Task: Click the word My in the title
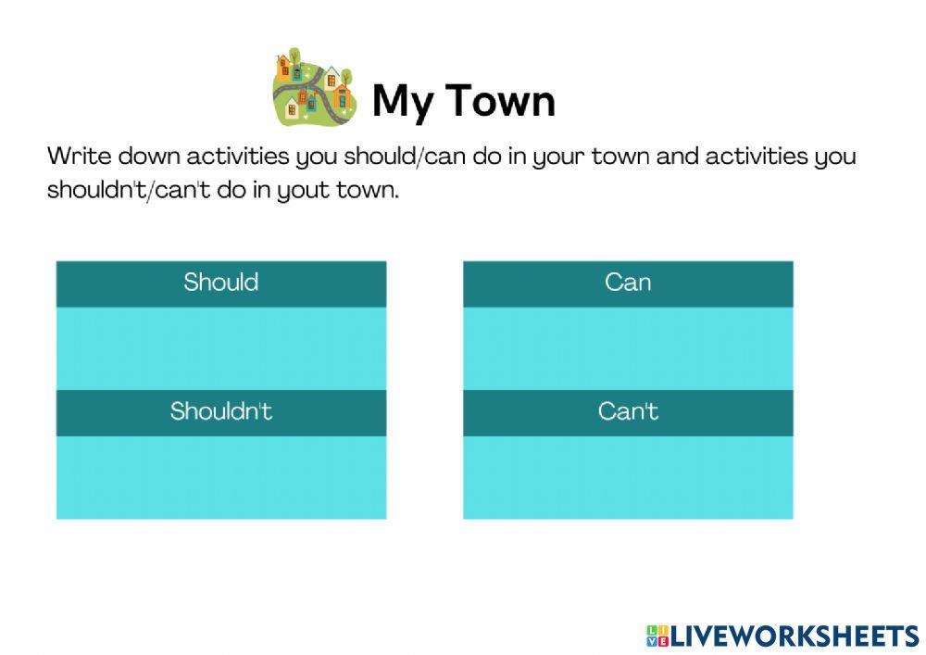[x=403, y=101]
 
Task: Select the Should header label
[x=220, y=283]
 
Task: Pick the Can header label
[x=628, y=283]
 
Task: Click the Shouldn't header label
[x=220, y=411]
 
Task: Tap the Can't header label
[x=628, y=411]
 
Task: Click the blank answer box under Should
[x=220, y=348]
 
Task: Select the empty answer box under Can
[x=628, y=348]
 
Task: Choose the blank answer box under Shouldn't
[x=220, y=477]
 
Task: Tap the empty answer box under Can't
[x=628, y=477]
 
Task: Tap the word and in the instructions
[x=678, y=156]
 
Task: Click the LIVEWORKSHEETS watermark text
[x=795, y=636]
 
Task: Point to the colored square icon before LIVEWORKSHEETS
[x=657, y=636]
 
